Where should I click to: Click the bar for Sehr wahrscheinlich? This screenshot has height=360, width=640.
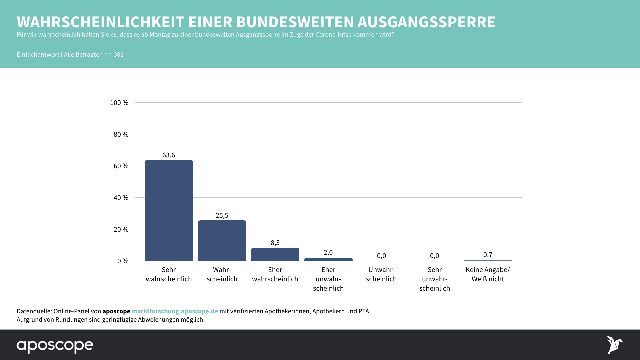169,210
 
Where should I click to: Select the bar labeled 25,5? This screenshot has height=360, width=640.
222,240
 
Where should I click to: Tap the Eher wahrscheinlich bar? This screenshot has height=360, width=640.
275,254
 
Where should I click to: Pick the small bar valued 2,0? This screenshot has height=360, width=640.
328,259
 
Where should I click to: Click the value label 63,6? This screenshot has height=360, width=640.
169,155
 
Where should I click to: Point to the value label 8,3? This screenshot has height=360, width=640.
275,243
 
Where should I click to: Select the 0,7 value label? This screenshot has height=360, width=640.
488,255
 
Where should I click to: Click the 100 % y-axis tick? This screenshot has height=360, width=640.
119,103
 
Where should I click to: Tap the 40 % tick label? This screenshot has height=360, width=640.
121,198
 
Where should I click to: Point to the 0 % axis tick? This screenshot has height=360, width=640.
123,261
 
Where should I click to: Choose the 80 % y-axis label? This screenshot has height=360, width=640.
121,134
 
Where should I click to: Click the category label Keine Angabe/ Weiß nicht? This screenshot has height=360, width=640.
488,274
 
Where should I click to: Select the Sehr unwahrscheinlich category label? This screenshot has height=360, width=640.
435,279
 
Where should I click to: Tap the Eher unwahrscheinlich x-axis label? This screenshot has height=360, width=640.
328,279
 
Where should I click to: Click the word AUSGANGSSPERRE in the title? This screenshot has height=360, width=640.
426,22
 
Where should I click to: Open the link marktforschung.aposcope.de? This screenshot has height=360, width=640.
175,311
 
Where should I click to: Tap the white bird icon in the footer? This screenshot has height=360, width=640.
614,345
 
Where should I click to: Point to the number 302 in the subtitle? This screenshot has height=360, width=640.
119,55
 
